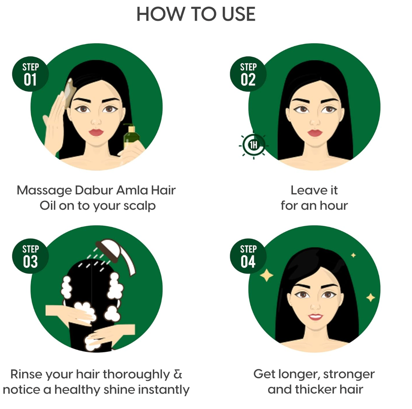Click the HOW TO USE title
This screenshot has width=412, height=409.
(x=196, y=14)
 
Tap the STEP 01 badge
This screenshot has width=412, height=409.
(x=30, y=74)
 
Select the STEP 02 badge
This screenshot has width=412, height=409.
(x=248, y=74)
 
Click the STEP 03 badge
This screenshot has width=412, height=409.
(x=30, y=257)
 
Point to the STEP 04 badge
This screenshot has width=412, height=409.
(x=248, y=257)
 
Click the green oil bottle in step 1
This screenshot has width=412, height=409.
(x=130, y=139)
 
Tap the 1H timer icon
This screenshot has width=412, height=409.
(x=253, y=145)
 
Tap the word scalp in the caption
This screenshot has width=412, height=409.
(x=139, y=206)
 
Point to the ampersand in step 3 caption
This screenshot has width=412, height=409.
(x=178, y=374)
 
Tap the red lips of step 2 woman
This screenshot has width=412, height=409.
(x=315, y=132)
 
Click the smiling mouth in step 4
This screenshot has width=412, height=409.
(x=315, y=317)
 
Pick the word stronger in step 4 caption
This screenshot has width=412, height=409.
(x=349, y=374)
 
